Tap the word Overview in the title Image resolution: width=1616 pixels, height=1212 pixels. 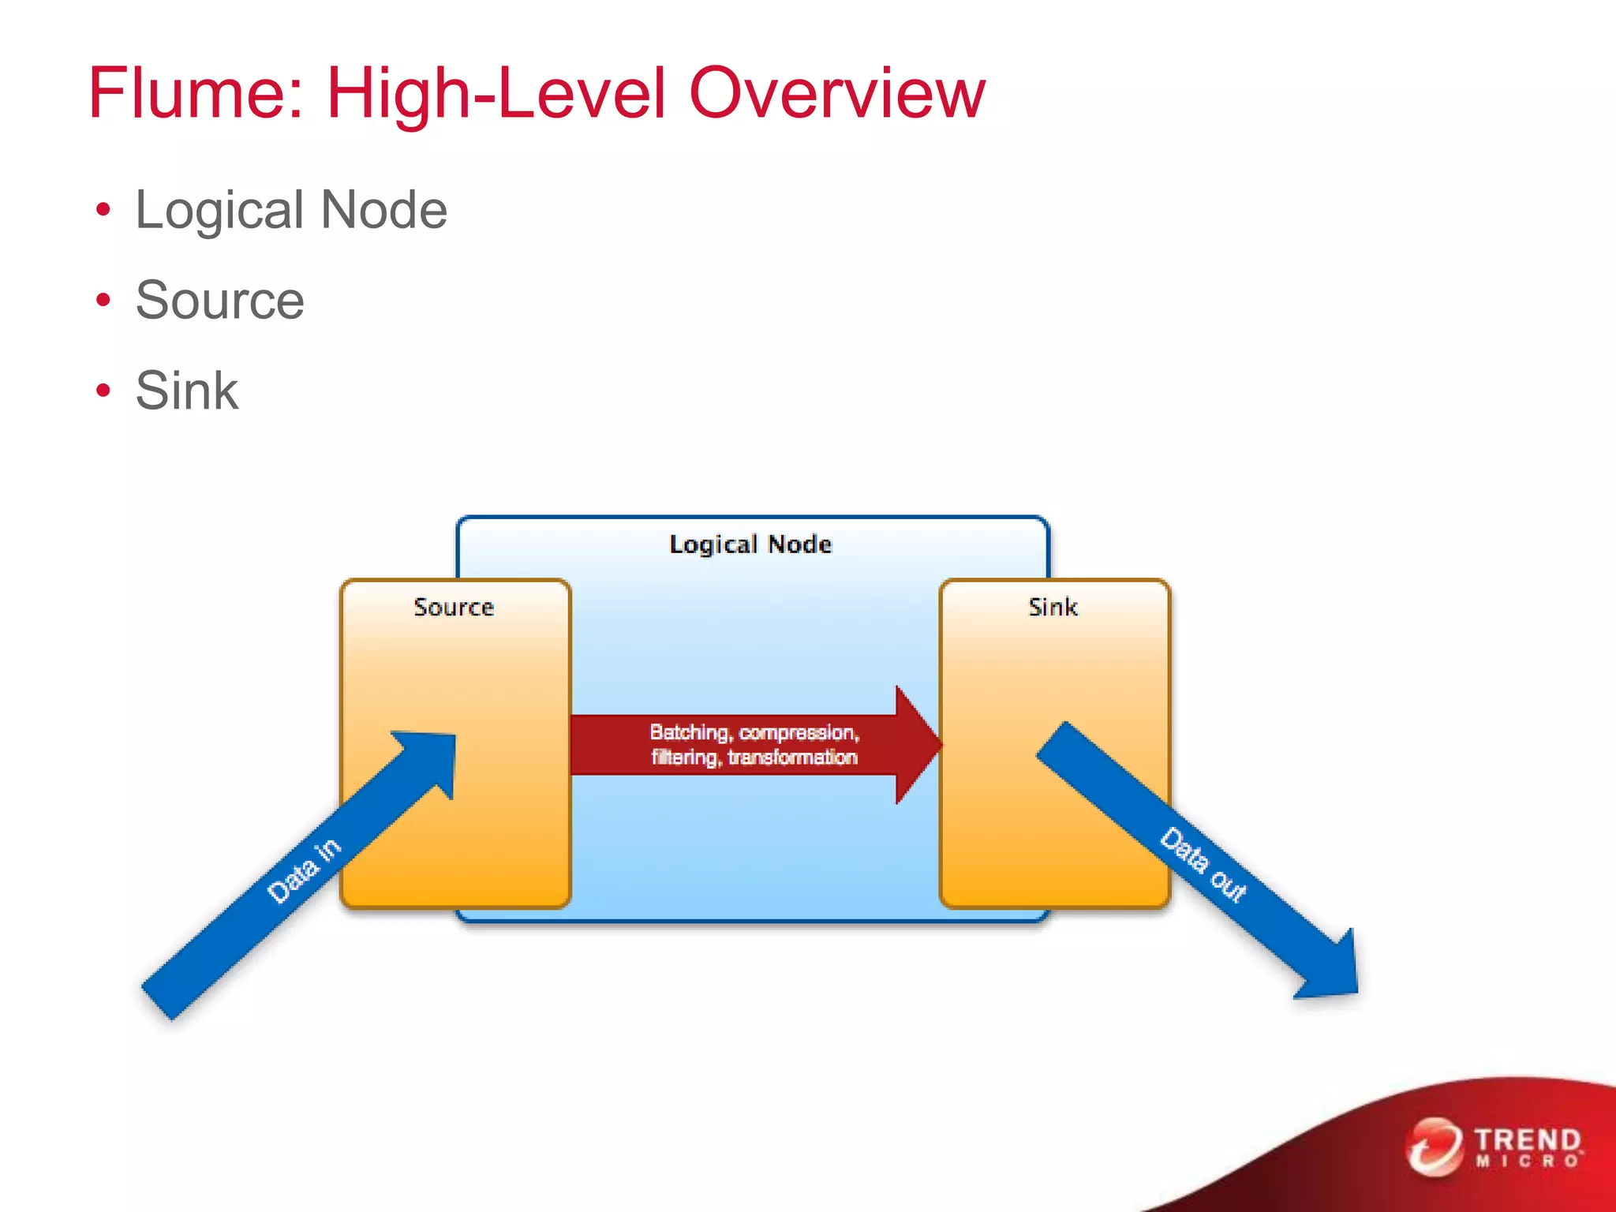(x=837, y=93)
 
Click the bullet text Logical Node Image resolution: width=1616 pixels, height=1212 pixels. (x=291, y=210)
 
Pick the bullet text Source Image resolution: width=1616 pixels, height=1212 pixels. (x=219, y=300)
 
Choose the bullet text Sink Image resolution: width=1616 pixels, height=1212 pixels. (x=186, y=390)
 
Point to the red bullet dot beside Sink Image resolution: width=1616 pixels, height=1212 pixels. (x=103, y=390)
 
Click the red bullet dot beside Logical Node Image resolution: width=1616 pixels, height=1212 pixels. (x=103, y=210)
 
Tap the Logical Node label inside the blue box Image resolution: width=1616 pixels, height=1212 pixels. (x=750, y=544)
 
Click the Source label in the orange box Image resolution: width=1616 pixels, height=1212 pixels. (x=454, y=607)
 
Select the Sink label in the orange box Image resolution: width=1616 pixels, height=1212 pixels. (x=1053, y=607)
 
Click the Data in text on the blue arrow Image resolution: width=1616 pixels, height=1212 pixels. (x=304, y=870)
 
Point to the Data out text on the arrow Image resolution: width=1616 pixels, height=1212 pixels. (x=1203, y=864)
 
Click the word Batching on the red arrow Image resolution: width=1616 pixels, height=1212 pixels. (x=688, y=732)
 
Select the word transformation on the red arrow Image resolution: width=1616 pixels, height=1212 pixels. (x=792, y=757)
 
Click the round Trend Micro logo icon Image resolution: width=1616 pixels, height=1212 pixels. (x=1434, y=1146)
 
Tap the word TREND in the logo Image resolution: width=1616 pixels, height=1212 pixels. (x=1528, y=1139)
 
